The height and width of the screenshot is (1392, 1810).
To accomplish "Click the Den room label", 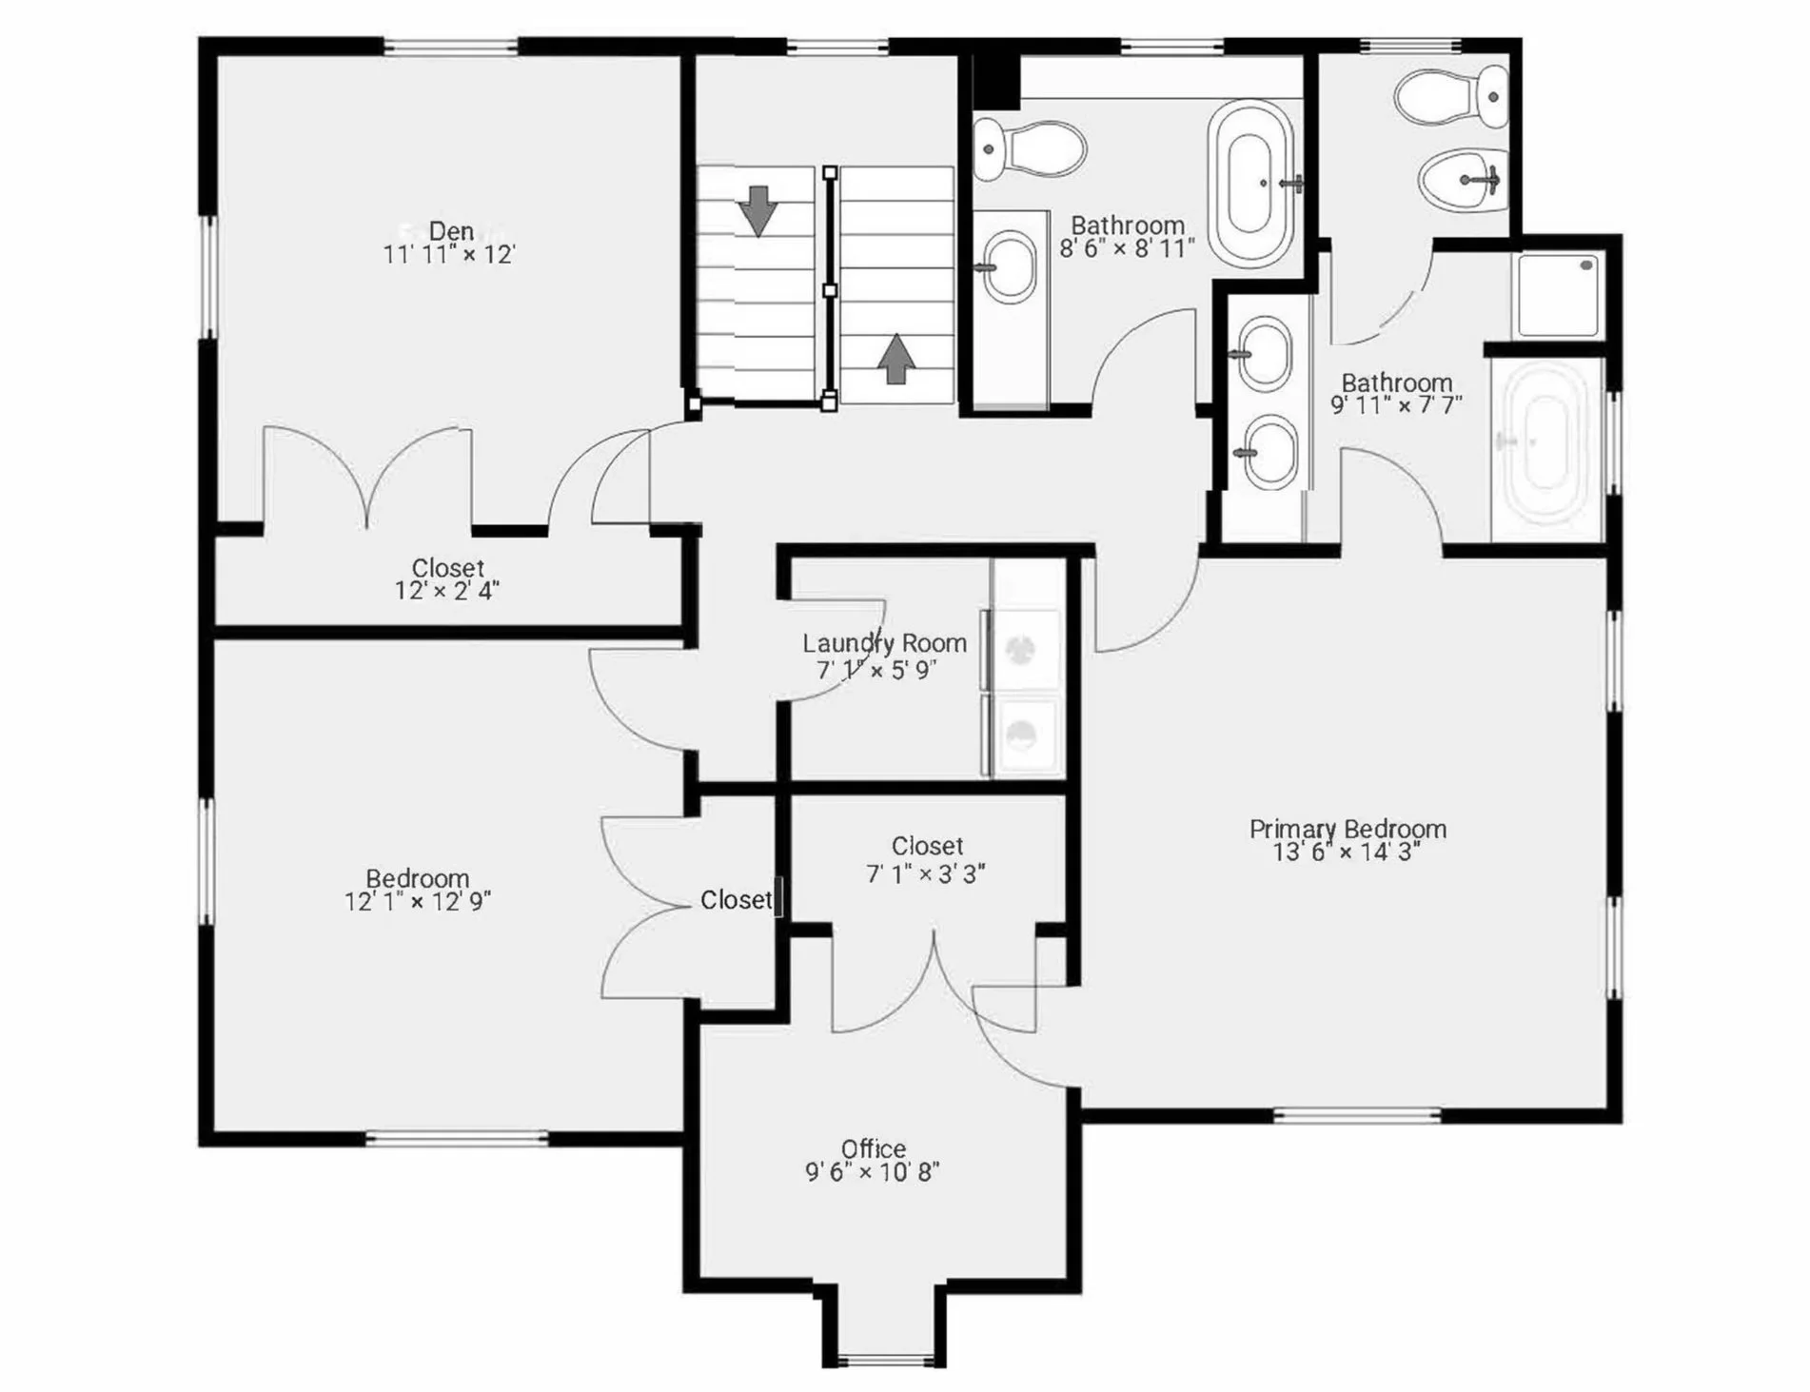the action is [x=451, y=231].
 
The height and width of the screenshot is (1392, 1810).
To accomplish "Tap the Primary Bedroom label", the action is [x=1348, y=829].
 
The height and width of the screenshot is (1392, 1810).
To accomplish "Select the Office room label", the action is [x=873, y=1148].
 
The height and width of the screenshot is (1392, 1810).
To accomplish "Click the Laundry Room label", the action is [x=884, y=643].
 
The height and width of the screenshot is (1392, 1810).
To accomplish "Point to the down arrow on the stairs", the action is [x=758, y=210].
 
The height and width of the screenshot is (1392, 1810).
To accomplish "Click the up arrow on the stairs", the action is [x=895, y=359].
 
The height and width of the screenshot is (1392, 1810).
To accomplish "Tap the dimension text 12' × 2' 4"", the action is [x=447, y=591].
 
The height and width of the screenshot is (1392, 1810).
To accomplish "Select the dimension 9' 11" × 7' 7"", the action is [x=1396, y=405].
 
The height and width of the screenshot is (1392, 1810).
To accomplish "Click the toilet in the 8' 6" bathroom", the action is [x=1030, y=149].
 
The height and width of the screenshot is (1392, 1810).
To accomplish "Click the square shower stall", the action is [x=1558, y=294].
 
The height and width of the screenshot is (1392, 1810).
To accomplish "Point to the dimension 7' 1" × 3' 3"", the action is [x=926, y=873].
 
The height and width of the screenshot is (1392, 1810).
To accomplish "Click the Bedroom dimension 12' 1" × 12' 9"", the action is [x=418, y=901].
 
